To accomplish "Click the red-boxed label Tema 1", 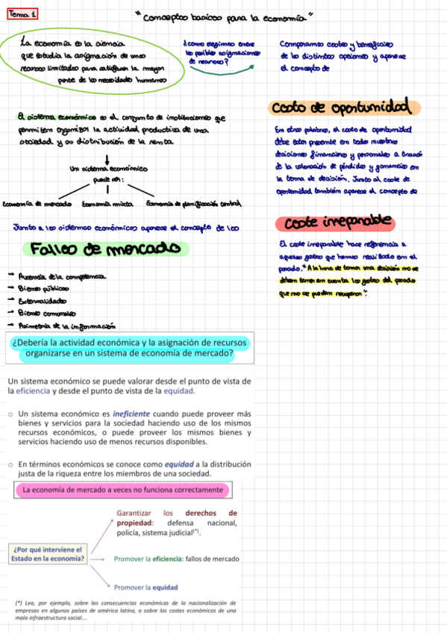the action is (24, 15).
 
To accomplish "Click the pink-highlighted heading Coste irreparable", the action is (334, 222).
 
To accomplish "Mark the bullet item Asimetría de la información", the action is (66, 326).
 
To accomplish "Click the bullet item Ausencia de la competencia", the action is (60, 277).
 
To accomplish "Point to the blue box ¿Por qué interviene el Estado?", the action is (47, 553).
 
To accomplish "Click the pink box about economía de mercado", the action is (123, 490).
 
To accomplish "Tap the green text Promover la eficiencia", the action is (176, 558).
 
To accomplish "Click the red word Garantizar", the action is (135, 513).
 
